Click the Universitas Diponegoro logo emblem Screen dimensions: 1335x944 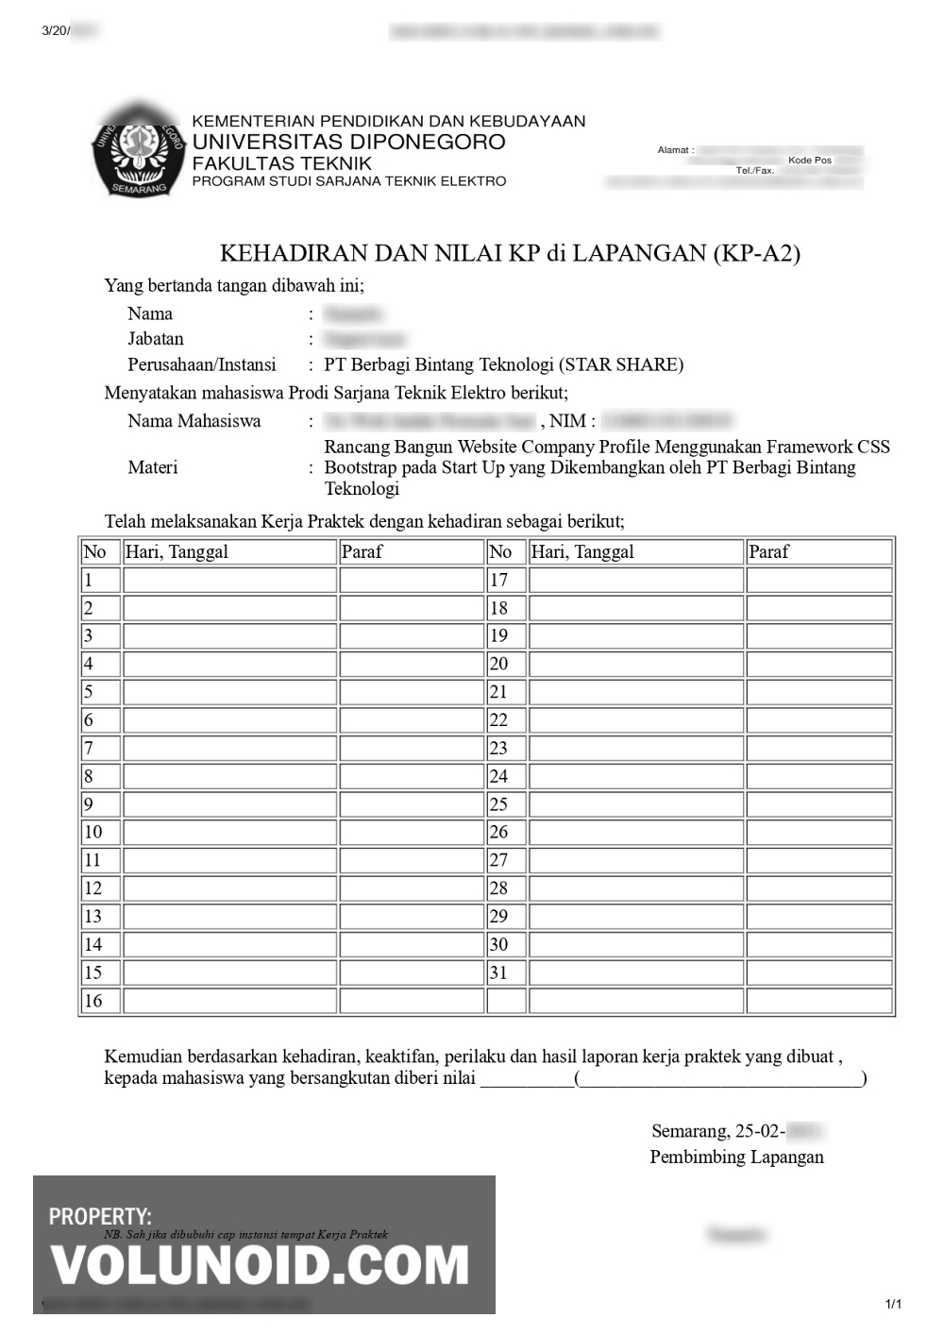tap(137, 151)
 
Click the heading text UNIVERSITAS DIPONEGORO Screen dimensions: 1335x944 tap(348, 143)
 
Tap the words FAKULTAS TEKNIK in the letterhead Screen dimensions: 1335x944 tap(281, 162)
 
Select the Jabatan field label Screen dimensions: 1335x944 tap(156, 339)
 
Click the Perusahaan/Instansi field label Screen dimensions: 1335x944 tap(202, 364)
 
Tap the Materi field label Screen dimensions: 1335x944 tap(152, 467)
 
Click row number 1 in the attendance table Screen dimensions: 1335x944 tap(89, 580)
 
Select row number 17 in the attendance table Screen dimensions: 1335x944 tap(498, 580)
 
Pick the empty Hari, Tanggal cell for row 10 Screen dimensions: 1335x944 tap(229, 832)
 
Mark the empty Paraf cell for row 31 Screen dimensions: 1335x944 tap(818, 972)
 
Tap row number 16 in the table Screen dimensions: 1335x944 tap(93, 1001)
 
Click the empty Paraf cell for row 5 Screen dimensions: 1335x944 tap(411, 692)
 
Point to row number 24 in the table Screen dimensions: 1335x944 tap(498, 776)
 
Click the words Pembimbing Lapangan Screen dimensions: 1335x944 tap(736, 1157)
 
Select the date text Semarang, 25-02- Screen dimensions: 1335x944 tap(717, 1131)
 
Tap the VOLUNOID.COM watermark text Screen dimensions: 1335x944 tap(260, 1266)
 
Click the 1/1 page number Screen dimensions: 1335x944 tap(893, 1305)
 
